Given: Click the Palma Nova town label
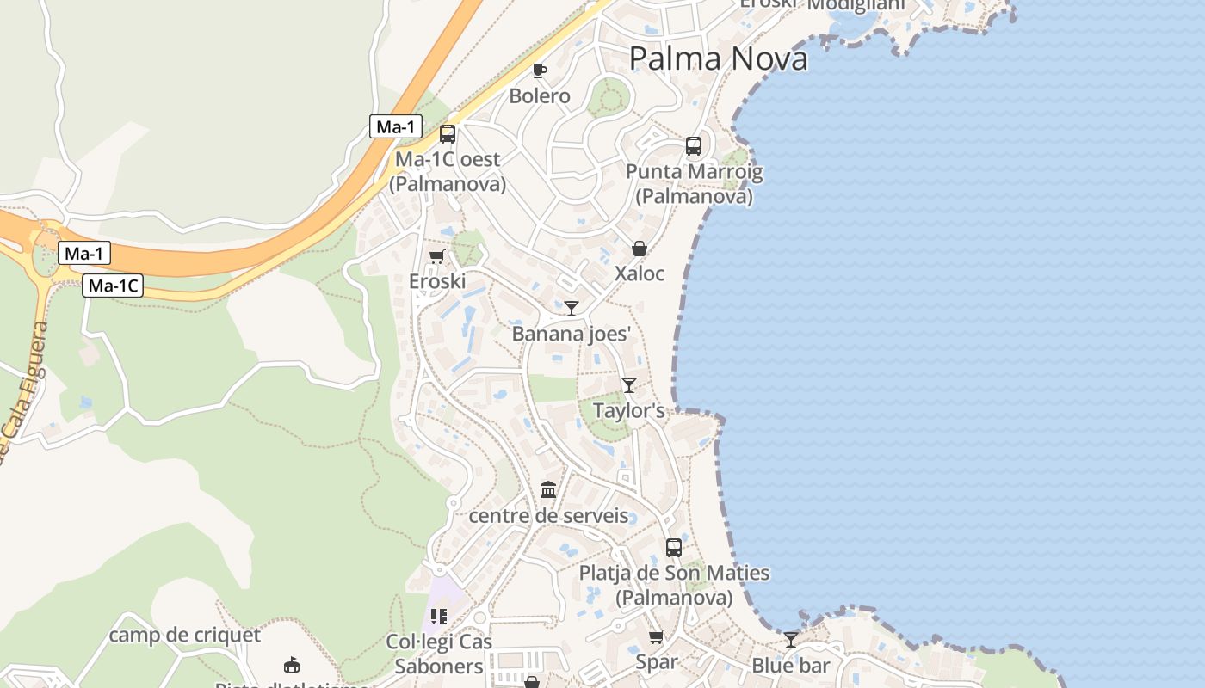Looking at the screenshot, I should [x=718, y=58].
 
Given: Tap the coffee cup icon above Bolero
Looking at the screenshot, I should [x=540, y=71].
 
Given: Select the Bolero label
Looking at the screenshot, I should [x=540, y=95].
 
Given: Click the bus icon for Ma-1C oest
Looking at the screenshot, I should [x=448, y=134].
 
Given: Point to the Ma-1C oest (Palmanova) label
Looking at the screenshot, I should [x=448, y=172].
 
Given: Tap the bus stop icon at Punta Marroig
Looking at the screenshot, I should [x=694, y=146].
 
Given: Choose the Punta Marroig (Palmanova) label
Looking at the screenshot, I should [x=694, y=184].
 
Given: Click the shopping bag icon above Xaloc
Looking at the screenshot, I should [x=640, y=249].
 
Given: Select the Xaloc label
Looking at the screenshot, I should [x=640, y=273].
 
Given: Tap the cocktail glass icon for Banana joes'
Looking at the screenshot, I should [x=572, y=308].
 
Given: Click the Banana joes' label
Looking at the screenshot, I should [x=572, y=334].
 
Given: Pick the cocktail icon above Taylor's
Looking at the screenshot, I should [x=629, y=384].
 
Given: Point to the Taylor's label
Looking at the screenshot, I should [x=629, y=411].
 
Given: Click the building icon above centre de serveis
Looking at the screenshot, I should [x=548, y=490].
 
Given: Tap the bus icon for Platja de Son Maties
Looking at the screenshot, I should [x=674, y=547].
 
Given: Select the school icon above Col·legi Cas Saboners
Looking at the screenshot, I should [x=439, y=617].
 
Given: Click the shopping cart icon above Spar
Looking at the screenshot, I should [x=657, y=637].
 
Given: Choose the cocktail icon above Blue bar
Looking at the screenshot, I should [x=791, y=639].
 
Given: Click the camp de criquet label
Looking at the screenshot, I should [x=184, y=636].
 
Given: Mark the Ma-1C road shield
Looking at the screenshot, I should [x=113, y=286].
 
